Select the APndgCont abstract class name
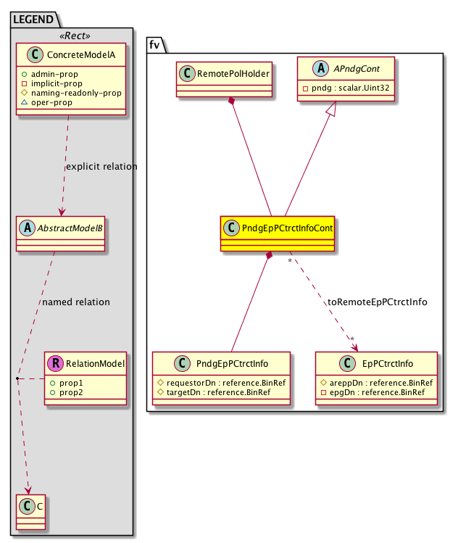coord(354,70)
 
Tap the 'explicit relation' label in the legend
coord(101,166)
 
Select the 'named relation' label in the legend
coord(76,302)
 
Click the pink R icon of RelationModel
coord(55,363)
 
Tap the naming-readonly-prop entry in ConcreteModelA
coord(75,94)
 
